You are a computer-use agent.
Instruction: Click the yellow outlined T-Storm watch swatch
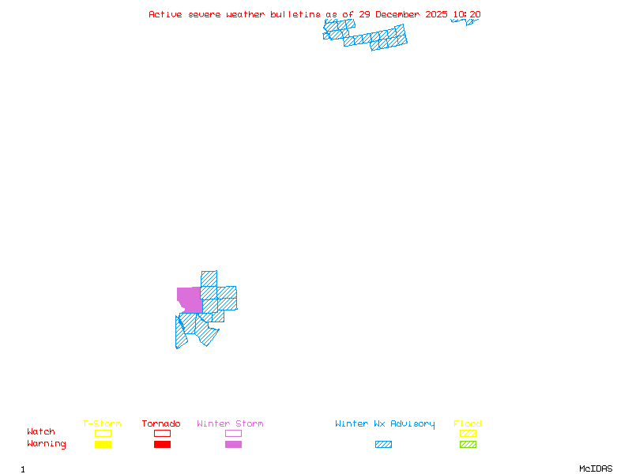tap(103, 433)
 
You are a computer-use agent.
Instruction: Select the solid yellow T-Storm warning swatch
tap(103, 444)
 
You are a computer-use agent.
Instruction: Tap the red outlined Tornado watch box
tap(162, 433)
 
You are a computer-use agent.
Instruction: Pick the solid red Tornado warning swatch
tap(162, 444)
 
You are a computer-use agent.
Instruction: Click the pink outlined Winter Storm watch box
tap(233, 433)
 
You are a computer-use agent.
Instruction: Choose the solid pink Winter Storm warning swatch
tap(233, 444)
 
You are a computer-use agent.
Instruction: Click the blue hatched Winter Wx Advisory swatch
tap(383, 444)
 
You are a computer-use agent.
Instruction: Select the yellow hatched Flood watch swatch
tap(468, 433)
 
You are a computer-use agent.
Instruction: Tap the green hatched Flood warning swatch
tap(468, 444)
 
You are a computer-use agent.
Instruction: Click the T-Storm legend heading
tap(102, 423)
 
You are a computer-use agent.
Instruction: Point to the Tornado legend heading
tap(161, 423)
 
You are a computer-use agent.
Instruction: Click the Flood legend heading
tap(467, 423)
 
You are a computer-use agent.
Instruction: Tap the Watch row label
tap(41, 432)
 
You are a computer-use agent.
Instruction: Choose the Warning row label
tap(47, 444)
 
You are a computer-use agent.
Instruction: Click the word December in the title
tap(397, 14)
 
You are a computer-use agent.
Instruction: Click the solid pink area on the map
tap(189, 299)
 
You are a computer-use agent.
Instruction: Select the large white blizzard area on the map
tap(375, 28)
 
